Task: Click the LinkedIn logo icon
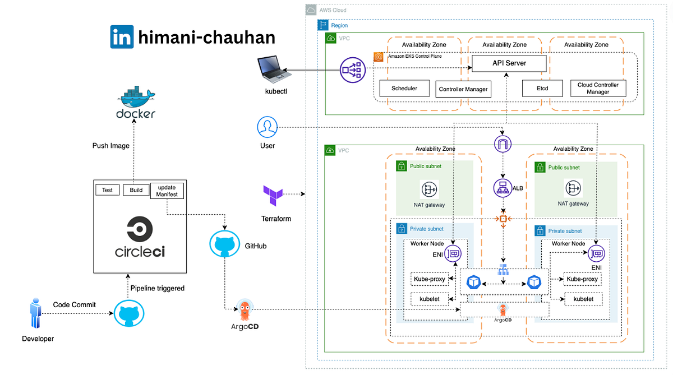point(122,37)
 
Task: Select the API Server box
point(509,63)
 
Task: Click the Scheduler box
point(404,88)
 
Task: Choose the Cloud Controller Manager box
point(598,88)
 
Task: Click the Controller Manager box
point(463,89)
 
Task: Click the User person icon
point(268,127)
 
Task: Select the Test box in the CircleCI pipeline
point(107,190)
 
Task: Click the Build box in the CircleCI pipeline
point(136,190)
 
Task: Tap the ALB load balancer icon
point(503,188)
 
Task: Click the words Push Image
point(111,146)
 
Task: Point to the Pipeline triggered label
point(157,288)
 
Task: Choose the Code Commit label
point(75,304)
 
